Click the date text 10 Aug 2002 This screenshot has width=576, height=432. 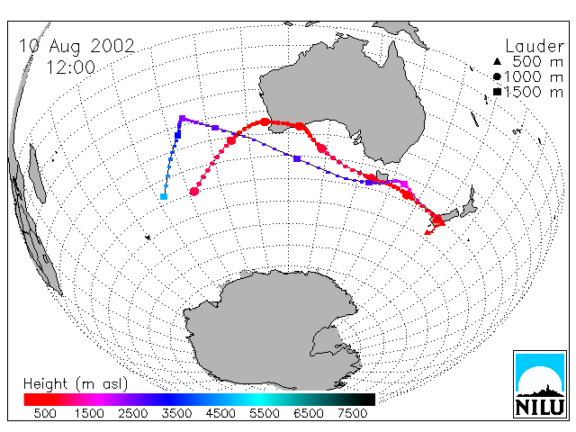(76, 46)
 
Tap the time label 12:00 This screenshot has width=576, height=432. (70, 67)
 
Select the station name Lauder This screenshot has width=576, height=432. (535, 46)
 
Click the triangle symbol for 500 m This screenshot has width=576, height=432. (497, 61)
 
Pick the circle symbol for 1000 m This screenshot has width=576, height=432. (497, 76)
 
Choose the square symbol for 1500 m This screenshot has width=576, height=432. (497, 92)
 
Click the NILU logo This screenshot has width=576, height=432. (540, 384)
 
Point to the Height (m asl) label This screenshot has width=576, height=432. (76, 384)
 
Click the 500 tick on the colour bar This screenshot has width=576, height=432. (45, 413)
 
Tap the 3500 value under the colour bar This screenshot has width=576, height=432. (176, 413)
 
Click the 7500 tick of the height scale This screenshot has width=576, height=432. (352, 413)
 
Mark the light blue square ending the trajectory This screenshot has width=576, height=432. (164, 196)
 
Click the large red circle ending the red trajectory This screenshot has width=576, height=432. (194, 191)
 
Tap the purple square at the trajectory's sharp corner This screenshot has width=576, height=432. (182, 118)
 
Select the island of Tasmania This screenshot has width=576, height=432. (382, 176)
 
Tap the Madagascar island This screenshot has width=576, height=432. (37, 174)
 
